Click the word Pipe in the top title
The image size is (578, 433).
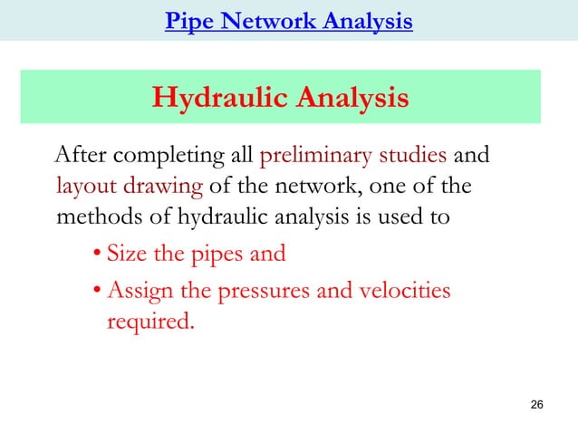pyautogui.click(x=187, y=20)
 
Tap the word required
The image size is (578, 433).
pyautogui.click(x=149, y=322)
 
